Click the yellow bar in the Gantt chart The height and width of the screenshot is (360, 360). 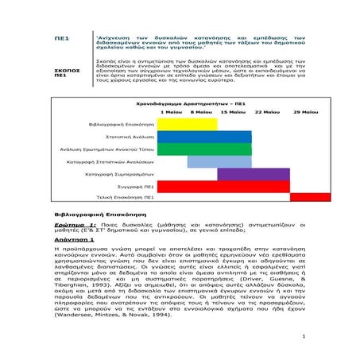pos(188,123)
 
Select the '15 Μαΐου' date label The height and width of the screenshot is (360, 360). pos(232,112)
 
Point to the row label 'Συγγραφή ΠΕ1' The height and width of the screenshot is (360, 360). pos(137,185)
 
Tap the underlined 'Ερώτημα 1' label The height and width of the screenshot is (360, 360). pos(73,225)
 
